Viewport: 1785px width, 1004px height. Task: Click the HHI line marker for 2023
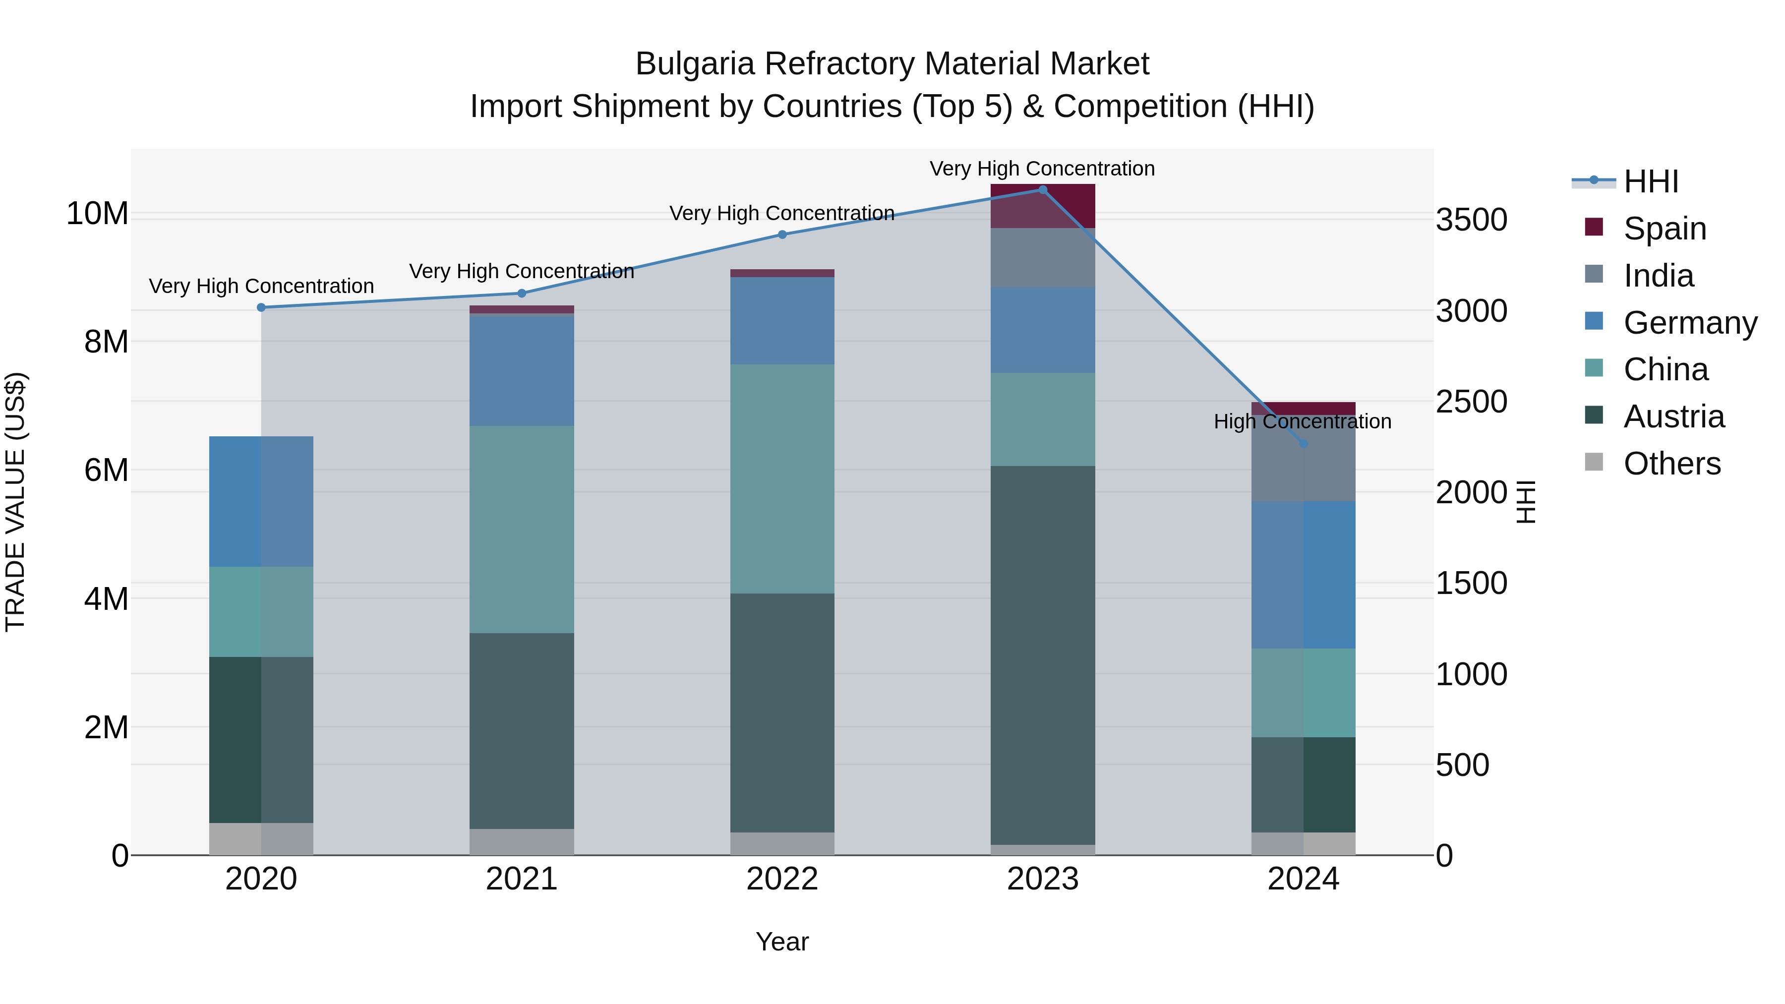[1042, 190]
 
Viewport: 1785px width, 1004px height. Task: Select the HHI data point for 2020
[261, 307]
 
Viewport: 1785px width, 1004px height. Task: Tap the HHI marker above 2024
[1304, 443]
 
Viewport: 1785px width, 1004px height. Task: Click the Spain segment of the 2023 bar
[1042, 206]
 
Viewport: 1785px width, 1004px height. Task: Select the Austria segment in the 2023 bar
[1042, 655]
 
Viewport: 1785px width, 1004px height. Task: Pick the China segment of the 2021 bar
[522, 530]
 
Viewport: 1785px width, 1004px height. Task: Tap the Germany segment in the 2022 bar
[782, 321]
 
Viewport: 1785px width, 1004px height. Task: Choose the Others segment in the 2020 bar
[261, 838]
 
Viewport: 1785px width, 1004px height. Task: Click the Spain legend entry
[1665, 229]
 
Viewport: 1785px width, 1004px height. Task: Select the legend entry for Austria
[1673, 416]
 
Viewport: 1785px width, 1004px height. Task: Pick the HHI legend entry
[1651, 181]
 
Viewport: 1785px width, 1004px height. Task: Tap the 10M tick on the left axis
[97, 213]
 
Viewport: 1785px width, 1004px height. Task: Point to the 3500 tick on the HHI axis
[1471, 220]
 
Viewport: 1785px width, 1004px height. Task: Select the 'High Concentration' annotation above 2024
[1303, 421]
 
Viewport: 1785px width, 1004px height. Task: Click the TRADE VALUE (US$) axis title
[16, 502]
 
